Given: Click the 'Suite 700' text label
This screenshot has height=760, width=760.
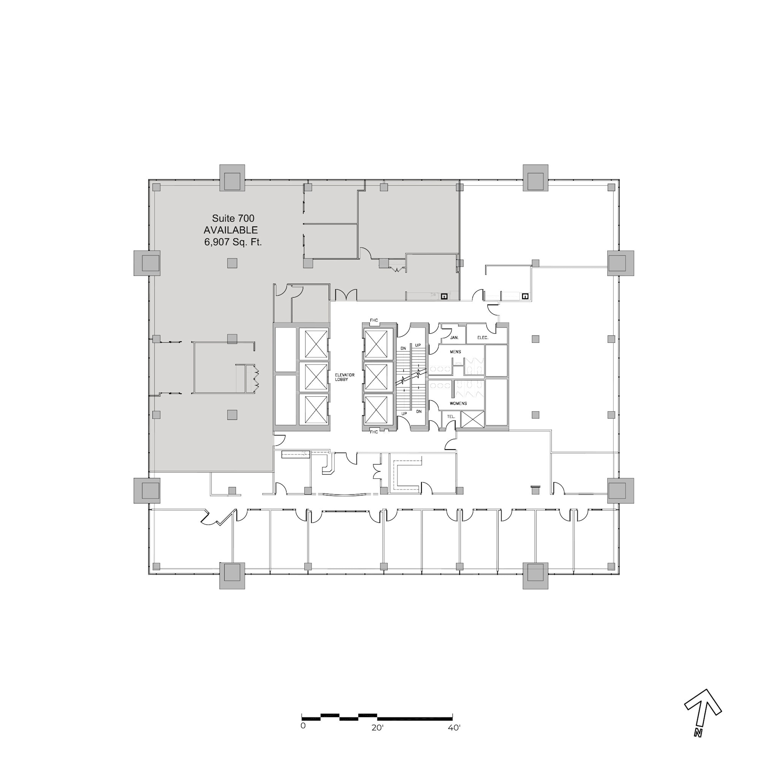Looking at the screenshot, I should (233, 218).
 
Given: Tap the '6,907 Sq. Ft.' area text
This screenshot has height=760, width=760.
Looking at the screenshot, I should (233, 242).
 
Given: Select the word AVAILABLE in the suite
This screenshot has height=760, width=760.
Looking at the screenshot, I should (231, 230).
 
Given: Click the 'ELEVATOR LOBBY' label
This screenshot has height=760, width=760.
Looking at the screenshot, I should (345, 377).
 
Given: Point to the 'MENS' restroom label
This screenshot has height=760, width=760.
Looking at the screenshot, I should (455, 351).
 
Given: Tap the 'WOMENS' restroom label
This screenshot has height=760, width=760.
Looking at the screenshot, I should (458, 403).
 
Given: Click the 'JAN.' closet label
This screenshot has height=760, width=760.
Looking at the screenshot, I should (454, 337).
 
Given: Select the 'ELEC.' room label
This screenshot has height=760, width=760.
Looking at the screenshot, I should (483, 337).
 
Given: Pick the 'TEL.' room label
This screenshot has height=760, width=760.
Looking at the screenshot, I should (451, 416).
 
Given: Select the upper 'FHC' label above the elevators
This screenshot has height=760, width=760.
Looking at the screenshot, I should (374, 320).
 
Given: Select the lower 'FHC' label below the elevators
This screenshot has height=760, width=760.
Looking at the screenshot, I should (374, 432).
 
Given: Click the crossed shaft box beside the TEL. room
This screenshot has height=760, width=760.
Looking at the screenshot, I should (472, 419).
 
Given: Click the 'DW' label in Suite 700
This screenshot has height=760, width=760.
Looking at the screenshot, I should (434, 294).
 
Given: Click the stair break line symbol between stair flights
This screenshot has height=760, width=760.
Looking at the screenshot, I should (411, 377).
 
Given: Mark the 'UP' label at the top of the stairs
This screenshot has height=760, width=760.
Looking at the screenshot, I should (418, 345).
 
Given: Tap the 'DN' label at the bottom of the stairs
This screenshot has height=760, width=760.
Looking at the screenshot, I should (419, 412).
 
